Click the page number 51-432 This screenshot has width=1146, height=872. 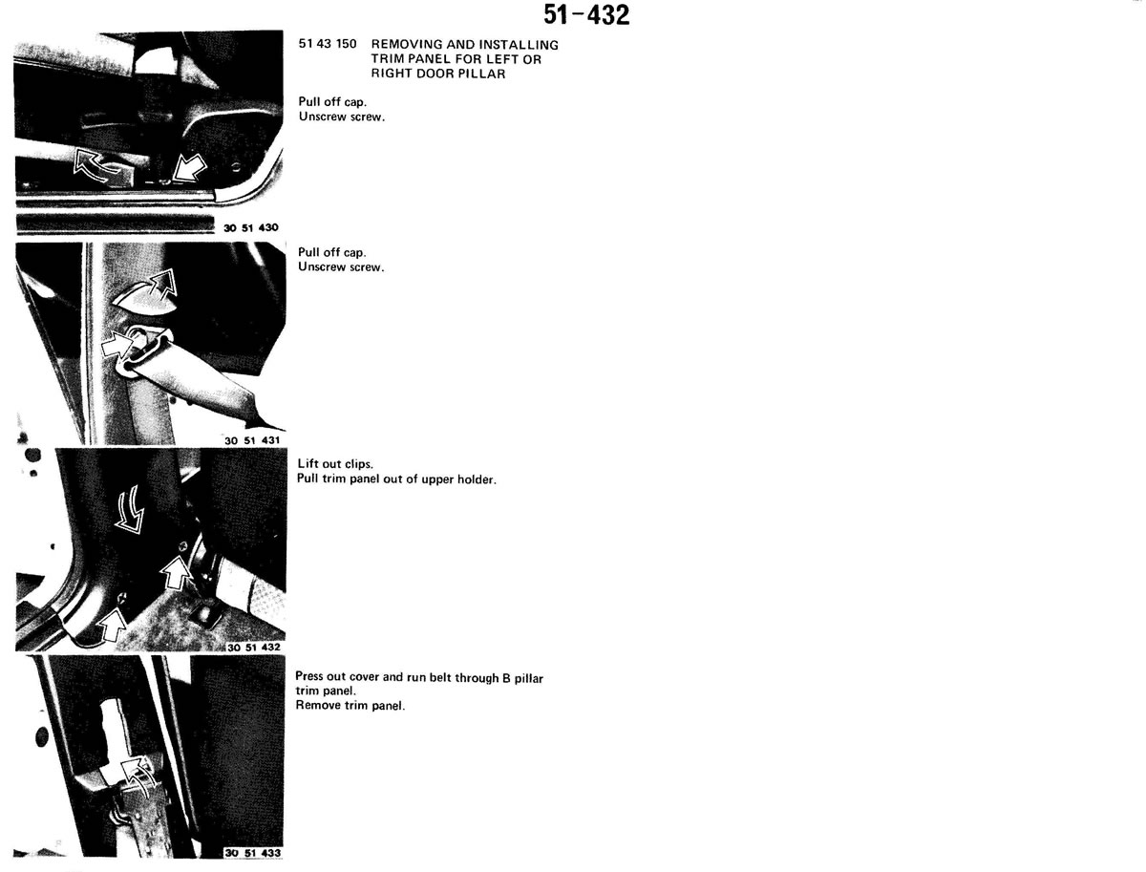click(x=586, y=14)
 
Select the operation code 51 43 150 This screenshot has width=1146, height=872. click(x=328, y=44)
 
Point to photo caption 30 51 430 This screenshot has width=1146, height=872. click(x=251, y=227)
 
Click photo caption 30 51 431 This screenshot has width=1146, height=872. click(x=252, y=440)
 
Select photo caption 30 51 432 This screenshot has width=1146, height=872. click(x=254, y=648)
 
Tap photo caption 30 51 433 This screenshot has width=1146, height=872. click(x=253, y=853)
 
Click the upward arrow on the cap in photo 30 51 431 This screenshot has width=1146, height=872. click(x=163, y=284)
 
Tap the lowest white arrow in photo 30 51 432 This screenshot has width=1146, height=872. click(x=113, y=624)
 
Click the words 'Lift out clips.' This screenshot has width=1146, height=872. click(x=335, y=463)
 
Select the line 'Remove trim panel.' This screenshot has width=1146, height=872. click(x=350, y=706)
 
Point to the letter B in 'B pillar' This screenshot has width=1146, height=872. click(x=506, y=678)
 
